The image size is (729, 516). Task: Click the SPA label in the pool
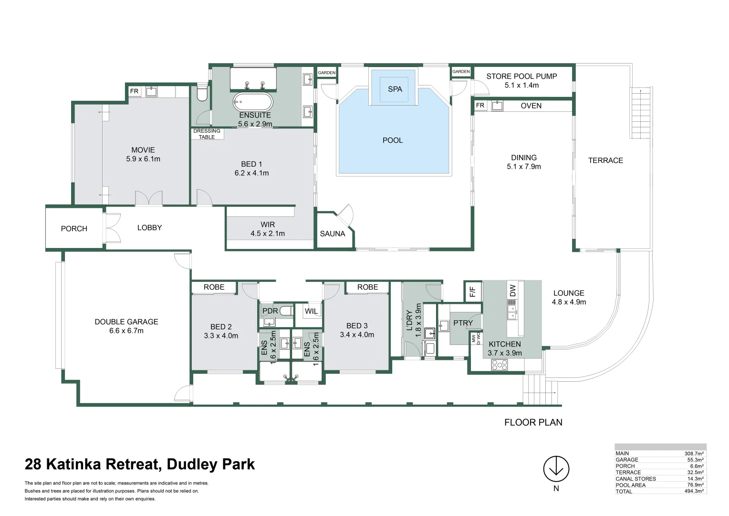pyautogui.click(x=395, y=89)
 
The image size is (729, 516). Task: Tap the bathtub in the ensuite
pyautogui.click(x=252, y=102)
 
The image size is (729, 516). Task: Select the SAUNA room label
pyautogui.click(x=332, y=234)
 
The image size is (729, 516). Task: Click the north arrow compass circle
pyautogui.click(x=556, y=468)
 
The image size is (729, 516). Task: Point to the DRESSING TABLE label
pyautogui.click(x=207, y=134)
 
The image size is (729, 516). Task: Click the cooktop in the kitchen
pyautogui.click(x=500, y=365)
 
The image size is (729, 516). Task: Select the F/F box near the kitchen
pyautogui.click(x=472, y=291)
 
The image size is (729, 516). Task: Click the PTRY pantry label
pyautogui.click(x=463, y=323)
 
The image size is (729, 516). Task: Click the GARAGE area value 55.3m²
pyautogui.click(x=696, y=460)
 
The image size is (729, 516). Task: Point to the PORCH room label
pyautogui.click(x=74, y=229)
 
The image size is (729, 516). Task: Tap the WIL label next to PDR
pyautogui.click(x=311, y=311)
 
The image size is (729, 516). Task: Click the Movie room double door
pyautogui.click(x=148, y=198)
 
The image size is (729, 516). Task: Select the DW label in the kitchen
pyautogui.click(x=512, y=290)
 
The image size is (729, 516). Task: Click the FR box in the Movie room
pyautogui.click(x=135, y=91)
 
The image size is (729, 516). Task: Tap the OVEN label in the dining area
pyautogui.click(x=531, y=106)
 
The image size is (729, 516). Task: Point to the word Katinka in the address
pyautogui.click(x=102, y=464)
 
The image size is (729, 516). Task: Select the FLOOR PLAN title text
pyautogui.click(x=533, y=422)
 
